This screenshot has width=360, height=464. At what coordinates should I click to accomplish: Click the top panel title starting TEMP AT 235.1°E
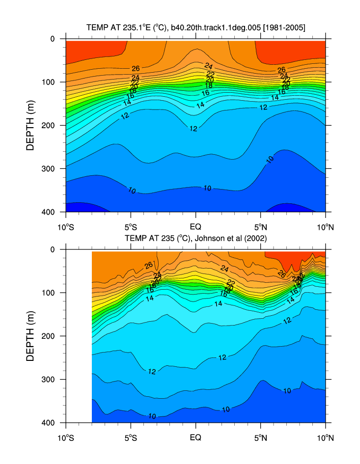coord(195,28)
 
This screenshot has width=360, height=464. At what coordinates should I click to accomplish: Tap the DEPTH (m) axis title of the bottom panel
coord(30,336)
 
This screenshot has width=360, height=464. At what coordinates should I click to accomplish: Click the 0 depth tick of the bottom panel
coord(55,249)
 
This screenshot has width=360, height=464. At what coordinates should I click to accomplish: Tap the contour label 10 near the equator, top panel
coord(207,188)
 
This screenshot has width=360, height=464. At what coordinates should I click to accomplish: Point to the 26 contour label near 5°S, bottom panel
coord(149,266)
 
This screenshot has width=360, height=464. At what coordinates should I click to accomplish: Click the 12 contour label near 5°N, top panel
coord(263,107)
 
